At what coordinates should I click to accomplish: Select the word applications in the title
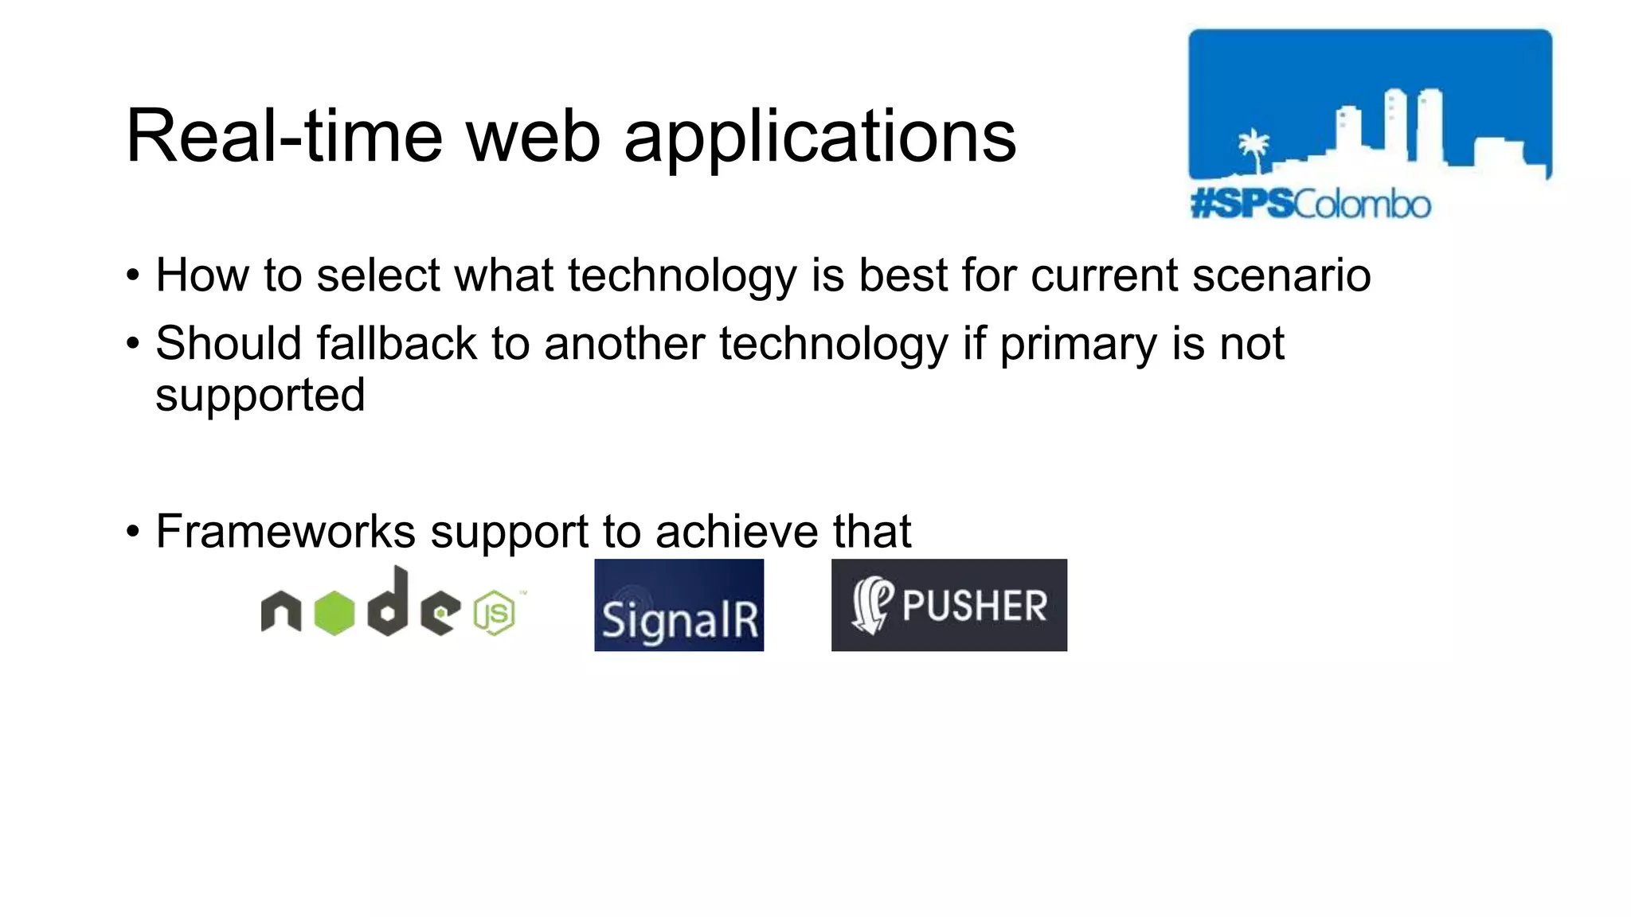819,137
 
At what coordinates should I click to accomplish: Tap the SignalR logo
679,605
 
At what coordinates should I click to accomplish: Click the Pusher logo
948,605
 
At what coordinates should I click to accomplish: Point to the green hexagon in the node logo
334,613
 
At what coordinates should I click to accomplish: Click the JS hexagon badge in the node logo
495,614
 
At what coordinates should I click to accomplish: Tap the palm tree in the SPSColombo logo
1254,150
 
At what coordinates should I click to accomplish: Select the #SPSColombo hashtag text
1310,205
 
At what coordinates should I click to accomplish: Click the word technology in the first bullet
682,276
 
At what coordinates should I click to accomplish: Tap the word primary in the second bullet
1078,344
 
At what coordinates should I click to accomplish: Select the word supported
260,396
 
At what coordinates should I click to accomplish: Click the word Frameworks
285,531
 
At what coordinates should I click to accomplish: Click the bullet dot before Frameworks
133,531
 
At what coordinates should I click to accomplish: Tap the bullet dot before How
133,276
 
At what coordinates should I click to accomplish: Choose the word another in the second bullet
624,344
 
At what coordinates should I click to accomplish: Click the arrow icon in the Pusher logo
871,606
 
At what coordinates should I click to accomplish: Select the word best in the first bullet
902,275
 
